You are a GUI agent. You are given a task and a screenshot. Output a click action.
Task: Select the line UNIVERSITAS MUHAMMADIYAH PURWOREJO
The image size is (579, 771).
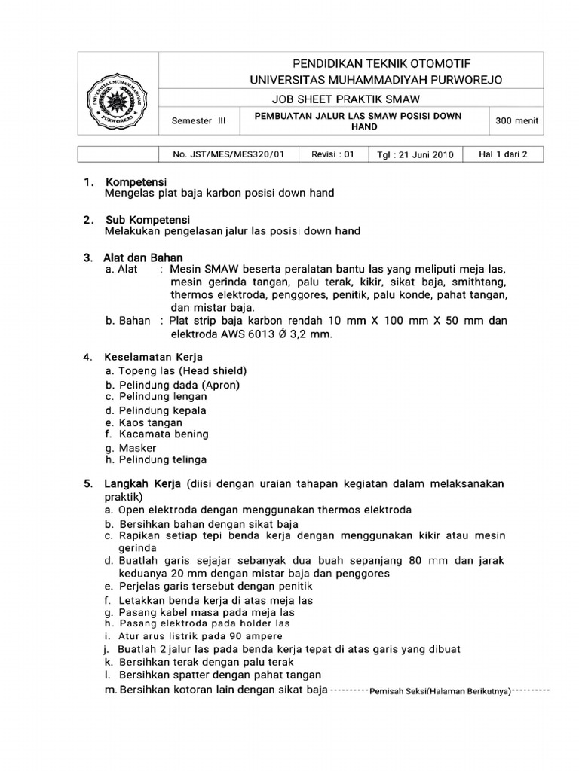tap(376, 80)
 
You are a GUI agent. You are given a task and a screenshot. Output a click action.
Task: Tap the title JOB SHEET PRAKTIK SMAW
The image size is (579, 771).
tap(346, 99)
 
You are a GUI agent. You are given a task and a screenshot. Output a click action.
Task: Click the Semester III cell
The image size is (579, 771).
tap(198, 120)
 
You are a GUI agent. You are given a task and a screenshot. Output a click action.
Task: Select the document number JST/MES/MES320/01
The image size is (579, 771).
tap(229, 154)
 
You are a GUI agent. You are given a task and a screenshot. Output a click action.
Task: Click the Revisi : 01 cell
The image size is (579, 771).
tap(332, 154)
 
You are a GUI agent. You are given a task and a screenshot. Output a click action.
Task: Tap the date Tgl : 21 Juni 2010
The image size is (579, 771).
tap(415, 155)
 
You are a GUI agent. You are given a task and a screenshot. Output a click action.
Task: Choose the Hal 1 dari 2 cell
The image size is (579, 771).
tap(503, 154)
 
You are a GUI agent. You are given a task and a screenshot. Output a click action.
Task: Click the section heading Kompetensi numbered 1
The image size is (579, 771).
tap(136, 182)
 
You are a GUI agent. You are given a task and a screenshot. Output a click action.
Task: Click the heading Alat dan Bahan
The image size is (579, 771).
tap(143, 258)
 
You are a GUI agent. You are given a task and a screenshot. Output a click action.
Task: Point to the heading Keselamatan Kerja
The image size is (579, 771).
tap(154, 357)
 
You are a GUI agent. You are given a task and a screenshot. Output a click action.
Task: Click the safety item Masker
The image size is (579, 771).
tap(137, 448)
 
